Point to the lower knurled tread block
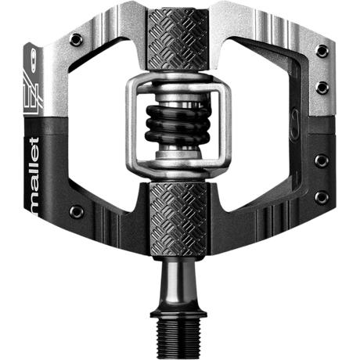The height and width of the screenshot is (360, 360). [x=180, y=219]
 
